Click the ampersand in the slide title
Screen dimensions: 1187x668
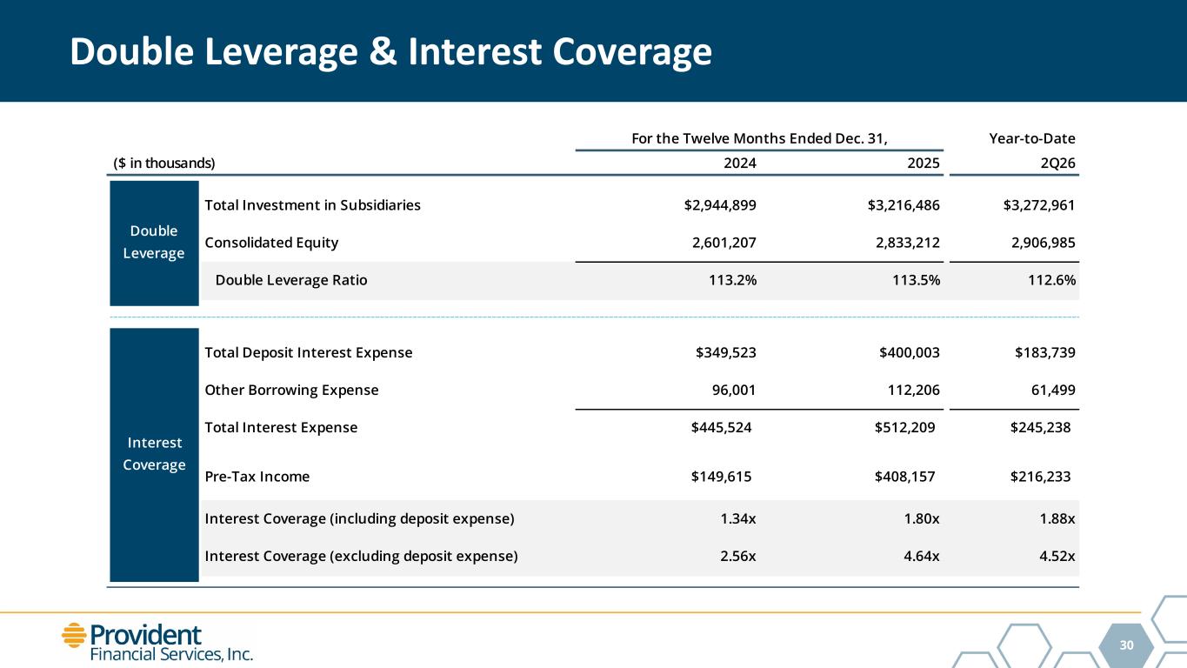(383, 52)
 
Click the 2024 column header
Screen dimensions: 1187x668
(740, 163)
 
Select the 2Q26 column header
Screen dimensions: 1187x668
(1057, 163)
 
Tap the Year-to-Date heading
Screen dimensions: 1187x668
(1032, 138)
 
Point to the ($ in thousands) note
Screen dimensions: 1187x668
(164, 163)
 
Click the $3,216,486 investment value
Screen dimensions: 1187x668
(904, 205)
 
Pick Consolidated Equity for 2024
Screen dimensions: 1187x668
(724, 243)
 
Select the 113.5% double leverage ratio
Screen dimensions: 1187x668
(916, 280)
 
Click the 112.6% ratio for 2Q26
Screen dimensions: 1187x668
(1051, 280)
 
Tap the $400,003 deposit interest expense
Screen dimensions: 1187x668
(910, 352)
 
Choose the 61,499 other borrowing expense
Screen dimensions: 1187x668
(1053, 391)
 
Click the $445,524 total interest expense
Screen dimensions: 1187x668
(721, 427)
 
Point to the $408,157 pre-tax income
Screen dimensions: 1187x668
(904, 477)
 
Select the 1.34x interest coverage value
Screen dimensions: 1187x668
(738, 518)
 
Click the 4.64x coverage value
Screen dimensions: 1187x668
(922, 556)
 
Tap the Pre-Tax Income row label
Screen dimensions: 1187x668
(257, 477)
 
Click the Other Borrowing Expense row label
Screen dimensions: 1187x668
(291, 391)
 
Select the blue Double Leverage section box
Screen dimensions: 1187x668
(154, 244)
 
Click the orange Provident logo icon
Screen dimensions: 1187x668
(74, 635)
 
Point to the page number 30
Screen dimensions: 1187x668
(1127, 645)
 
